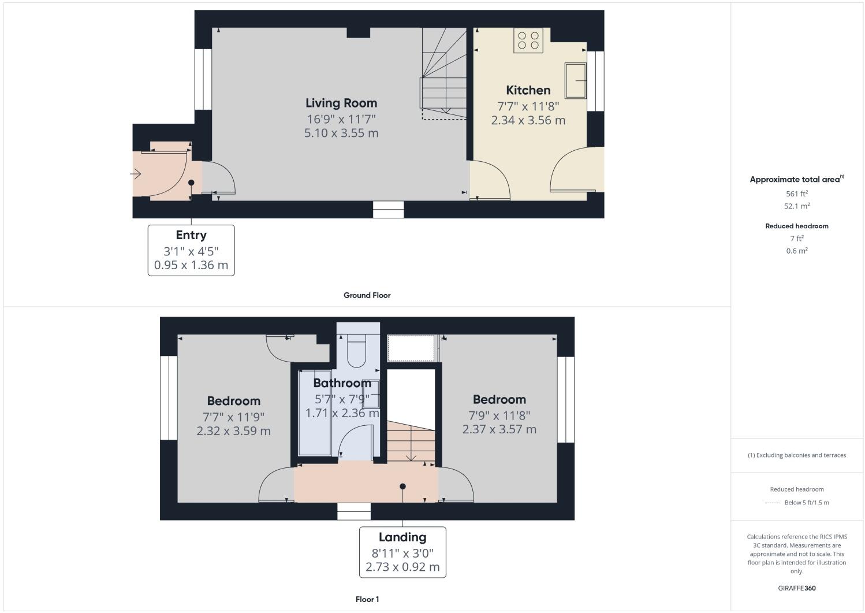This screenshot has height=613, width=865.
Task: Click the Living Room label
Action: [x=341, y=103]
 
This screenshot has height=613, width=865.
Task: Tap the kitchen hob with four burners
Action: [x=528, y=40]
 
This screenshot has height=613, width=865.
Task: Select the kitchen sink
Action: [x=575, y=80]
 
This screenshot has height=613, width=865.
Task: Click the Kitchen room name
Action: [x=528, y=90]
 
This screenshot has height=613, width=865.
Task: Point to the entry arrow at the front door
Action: [x=136, y=173]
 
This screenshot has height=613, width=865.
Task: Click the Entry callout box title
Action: [x=191, y=235]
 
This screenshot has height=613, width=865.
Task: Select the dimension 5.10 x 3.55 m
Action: [x=341, y=133]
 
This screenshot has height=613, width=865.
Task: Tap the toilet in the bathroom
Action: [x=357, y=350]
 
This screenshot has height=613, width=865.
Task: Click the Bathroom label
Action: [x=342, y=383]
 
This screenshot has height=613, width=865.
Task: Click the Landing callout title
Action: [x=402, y=537]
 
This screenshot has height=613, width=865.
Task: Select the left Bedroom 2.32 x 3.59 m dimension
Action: [x=233, y=431]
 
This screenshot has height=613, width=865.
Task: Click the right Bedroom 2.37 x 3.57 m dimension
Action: [x=499, y=429]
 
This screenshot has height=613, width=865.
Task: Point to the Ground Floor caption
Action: [x=367, y=295]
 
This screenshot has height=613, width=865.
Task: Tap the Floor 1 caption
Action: [x=367, y=599]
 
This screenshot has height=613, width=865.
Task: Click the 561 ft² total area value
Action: [x=797, y=194]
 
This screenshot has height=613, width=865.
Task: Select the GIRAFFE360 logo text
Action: [x=797, y=588]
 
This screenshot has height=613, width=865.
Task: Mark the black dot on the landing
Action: [x=402, y=486]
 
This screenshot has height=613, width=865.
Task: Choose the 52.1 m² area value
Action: [x=797, y=206]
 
